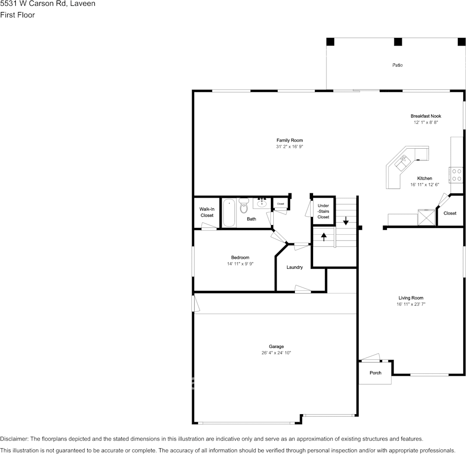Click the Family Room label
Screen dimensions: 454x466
pos(289,140)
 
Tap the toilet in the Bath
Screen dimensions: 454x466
pos(244,206)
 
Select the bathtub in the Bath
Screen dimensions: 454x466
pos(229,213)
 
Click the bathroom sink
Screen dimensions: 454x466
pos(262,203)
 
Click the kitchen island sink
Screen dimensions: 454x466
pos(402,162)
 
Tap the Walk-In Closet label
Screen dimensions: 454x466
pos(207,212)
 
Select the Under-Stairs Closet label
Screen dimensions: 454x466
pos(323,211)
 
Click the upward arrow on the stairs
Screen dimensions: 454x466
pos(324,236)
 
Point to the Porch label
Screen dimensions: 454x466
pos(375,373)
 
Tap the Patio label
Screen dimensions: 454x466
pos(397,65)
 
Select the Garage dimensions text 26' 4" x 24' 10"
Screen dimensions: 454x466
pos(276,353)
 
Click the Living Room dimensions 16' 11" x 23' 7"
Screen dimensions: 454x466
pos(411,304)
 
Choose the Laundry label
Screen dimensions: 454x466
pos(294,267)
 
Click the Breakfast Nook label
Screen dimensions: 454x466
pos(426,116)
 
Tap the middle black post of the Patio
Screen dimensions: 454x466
pos(397,42)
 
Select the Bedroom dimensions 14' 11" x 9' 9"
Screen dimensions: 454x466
pos(240,264)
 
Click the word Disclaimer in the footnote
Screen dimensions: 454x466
pos(14,439)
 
